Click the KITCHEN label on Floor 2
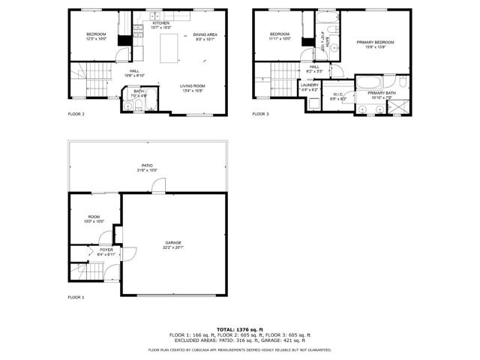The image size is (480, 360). (161, 23)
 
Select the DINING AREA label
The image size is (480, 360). (205, 35)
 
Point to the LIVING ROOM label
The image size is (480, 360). (193, 86)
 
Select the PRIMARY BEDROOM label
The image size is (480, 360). (374, 43)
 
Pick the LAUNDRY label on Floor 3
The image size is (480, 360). (310, 85)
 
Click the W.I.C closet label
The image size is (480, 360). (338, 94)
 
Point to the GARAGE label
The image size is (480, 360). (174, 242)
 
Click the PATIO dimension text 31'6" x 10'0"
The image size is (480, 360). (148, 170)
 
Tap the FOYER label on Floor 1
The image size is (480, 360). (96, 250)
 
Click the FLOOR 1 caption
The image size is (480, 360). (76, 297)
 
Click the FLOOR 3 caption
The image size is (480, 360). (259, 114)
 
